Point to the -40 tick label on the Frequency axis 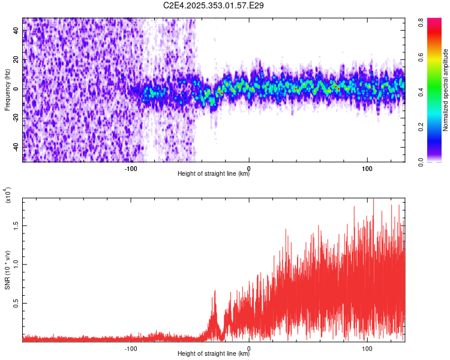[x=16, y=147]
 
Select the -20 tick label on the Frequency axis [x=16, y=118]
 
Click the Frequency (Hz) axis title [x=7, y=90]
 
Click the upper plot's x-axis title [x=214, y=173]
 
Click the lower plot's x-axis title [x=214, y=353]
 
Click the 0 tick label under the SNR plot [x=249, y=347]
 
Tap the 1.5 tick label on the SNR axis [x=16, y=226]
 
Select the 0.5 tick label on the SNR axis [x=16, y=304]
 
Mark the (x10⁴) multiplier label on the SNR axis [x=8, y=197]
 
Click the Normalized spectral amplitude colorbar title [x=446, y=90]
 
